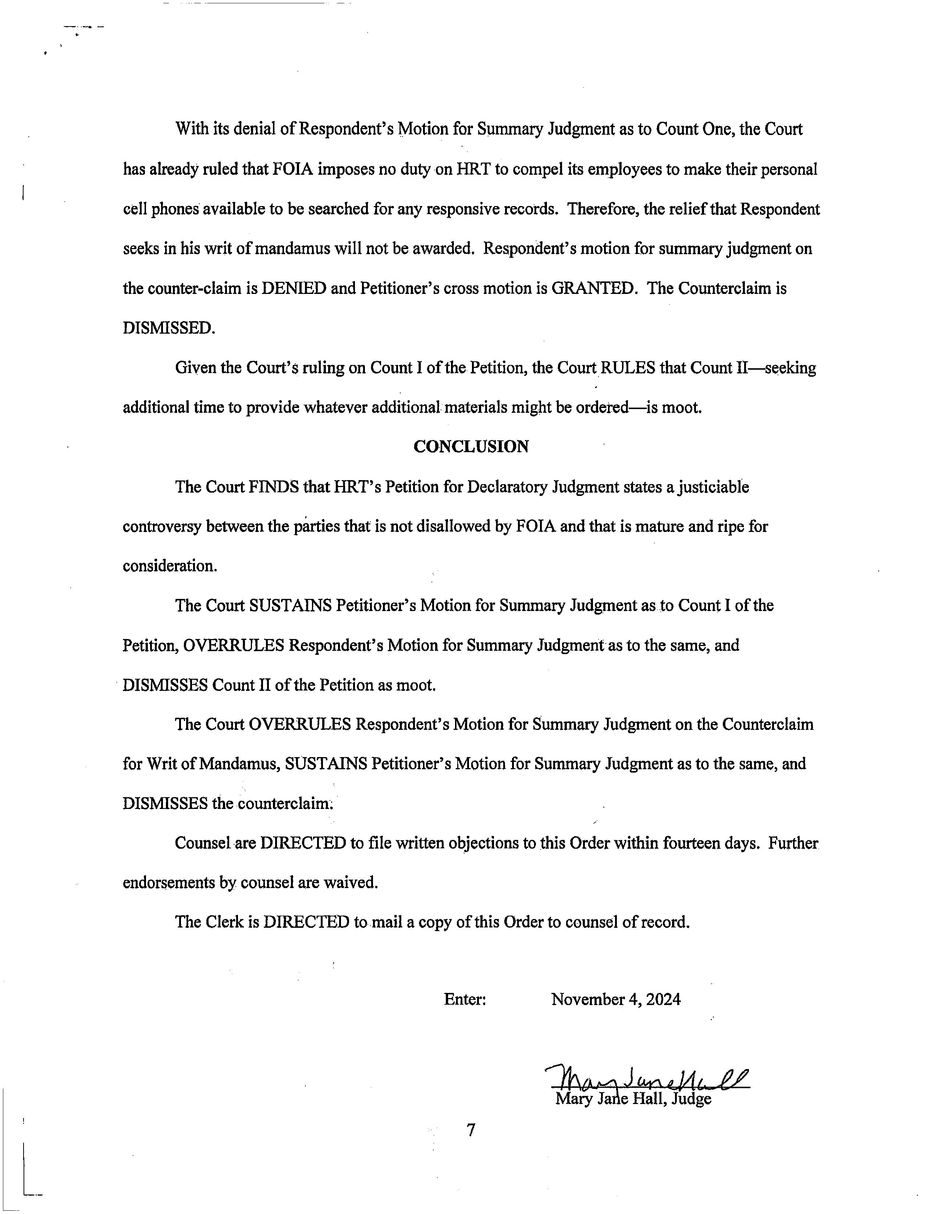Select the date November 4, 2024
[x=616, y=1000]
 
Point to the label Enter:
[x=465, y=1000]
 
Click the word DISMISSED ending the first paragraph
[x=168, y=328]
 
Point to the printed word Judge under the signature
[x=691, y=1099]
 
